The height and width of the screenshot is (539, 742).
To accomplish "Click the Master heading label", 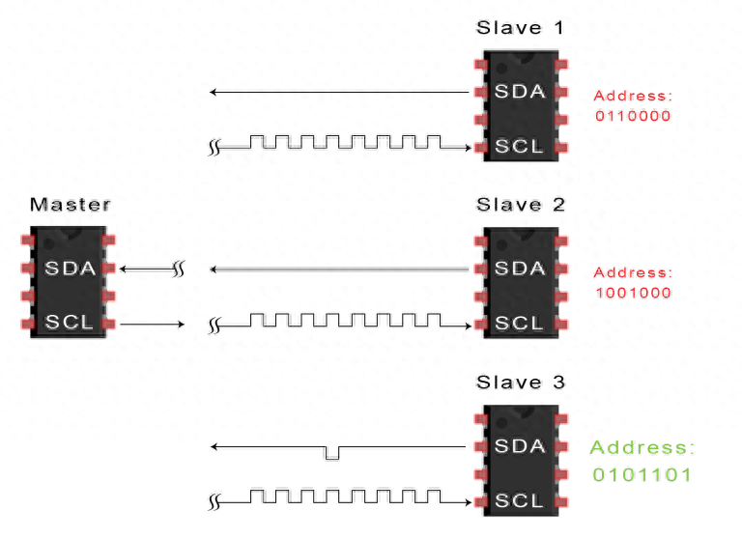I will click(x=70, y=205).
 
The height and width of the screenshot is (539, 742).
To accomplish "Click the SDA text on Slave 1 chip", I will click(x=520, y=92).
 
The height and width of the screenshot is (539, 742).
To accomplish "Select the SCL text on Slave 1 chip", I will click(x=520, y=147).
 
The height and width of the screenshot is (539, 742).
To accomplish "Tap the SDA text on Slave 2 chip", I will click(x=520, y=269).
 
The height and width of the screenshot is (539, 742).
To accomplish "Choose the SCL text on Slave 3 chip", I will click(x=520, y=501).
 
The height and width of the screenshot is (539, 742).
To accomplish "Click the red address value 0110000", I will click(x=632, y=116).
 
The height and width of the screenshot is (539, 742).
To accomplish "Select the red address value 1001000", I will click(x=632, y=293).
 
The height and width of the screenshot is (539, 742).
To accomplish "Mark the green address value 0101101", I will click(x=642, y=475).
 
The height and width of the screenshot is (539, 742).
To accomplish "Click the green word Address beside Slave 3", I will click(x=642, y=448).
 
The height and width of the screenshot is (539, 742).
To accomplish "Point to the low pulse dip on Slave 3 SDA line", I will click(x=333, y=453).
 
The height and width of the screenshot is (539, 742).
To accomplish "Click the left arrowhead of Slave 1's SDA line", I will click(x=214, y=93).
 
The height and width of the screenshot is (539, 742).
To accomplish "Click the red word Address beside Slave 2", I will click(x=632, y=273).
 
